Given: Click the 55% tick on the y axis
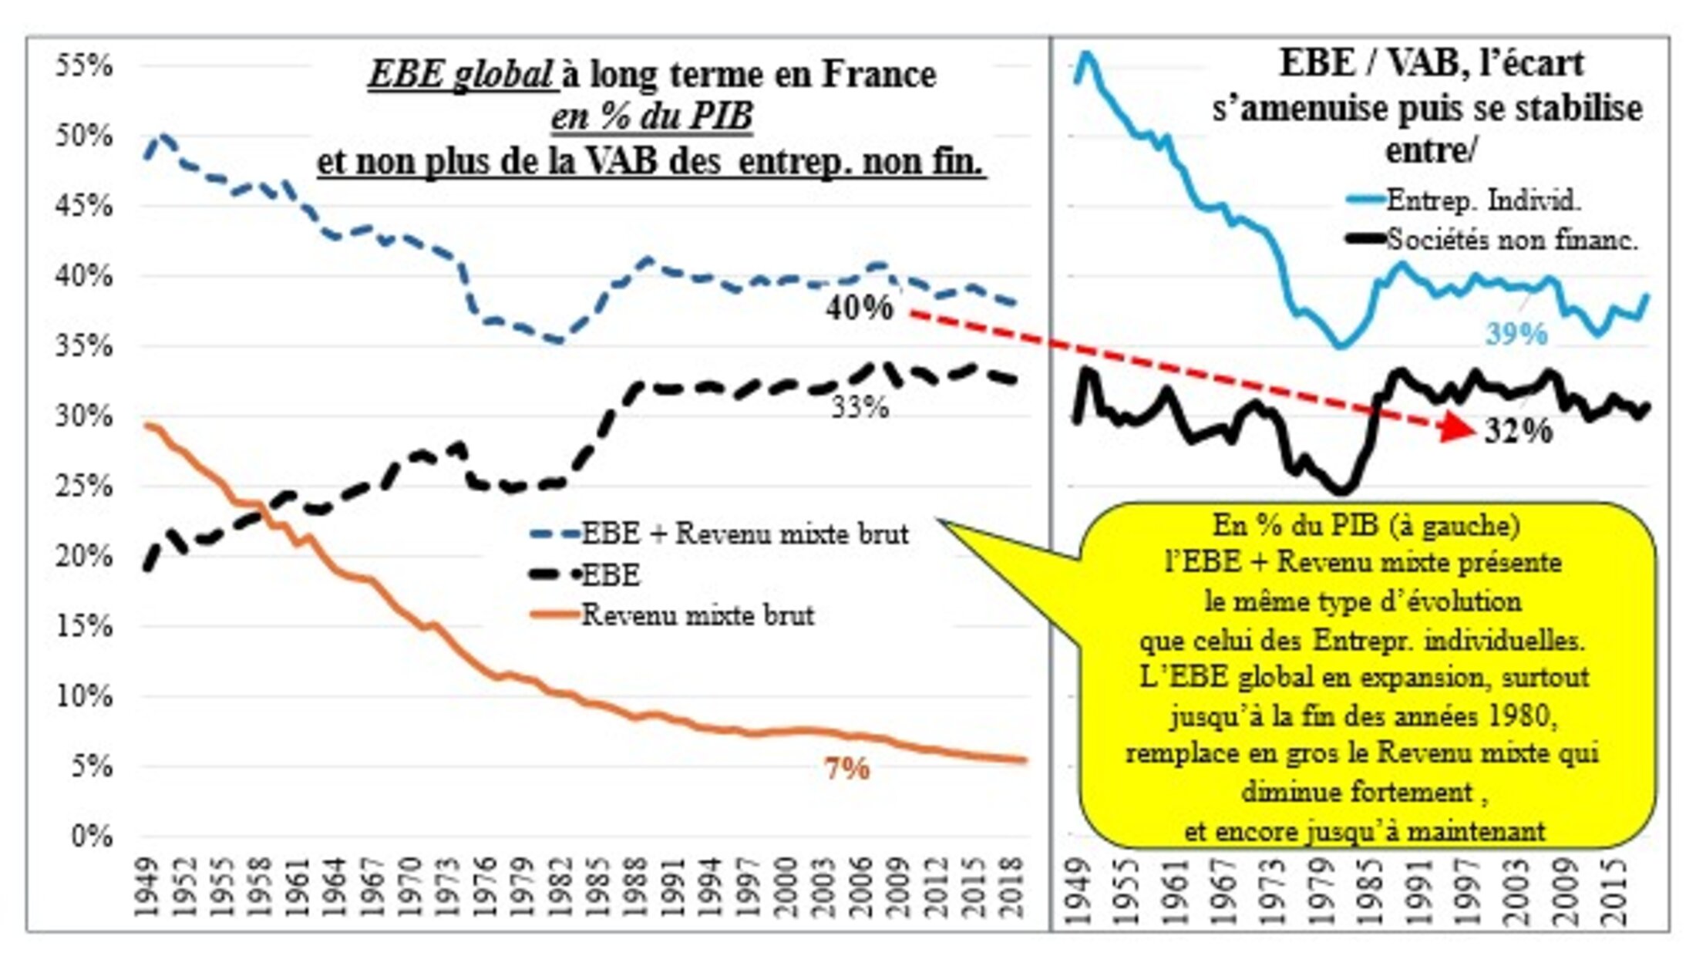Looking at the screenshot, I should [83, 66].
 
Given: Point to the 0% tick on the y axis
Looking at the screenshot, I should [91, 837].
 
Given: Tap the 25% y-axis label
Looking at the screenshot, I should [83, 487].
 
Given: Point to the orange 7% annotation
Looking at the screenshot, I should [847, 769].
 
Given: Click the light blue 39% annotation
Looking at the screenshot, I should [1516, 335].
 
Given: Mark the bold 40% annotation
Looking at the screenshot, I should [859, 308].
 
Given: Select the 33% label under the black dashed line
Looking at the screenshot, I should [860, 406].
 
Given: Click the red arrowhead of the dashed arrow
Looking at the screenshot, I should [1458, 427].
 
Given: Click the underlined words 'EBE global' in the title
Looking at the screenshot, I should [460, 75].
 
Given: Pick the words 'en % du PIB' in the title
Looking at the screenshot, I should [651, 117].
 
